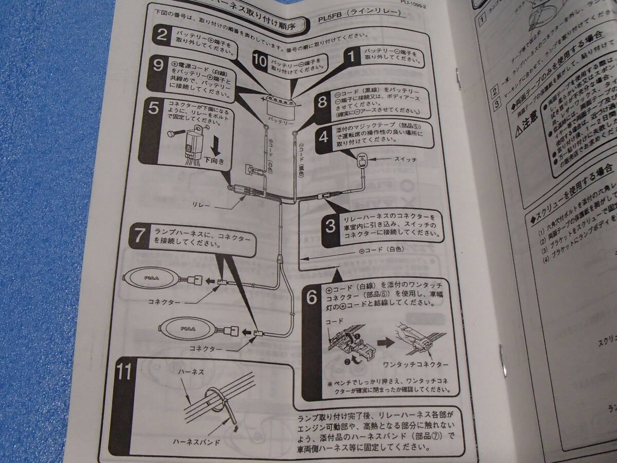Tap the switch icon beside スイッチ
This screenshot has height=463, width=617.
coord(361,161)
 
